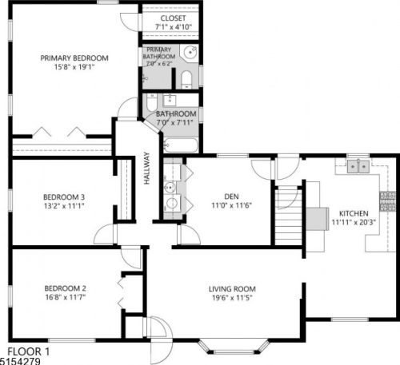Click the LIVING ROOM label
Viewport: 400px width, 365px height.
[x=232, y=288]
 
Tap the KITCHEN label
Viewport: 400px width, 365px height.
[x=353, y=213]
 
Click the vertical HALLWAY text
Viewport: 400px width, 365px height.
[x=147, y=169]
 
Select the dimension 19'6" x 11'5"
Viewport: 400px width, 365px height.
[x=232, y=298]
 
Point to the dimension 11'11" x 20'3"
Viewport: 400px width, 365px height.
[x=353, y=223]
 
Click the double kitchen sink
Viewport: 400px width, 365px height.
[x=358, y=167]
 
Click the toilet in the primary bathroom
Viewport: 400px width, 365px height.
[x=186, y=77]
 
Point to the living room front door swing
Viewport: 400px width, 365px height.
[x=157, y=329]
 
